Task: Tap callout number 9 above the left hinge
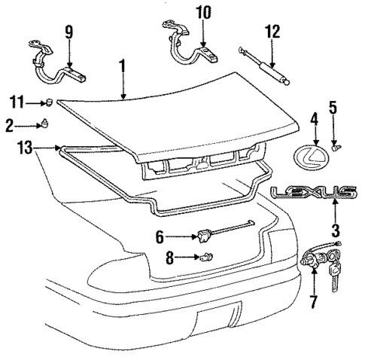click(68, 32)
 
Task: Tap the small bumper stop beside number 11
click(47, 101)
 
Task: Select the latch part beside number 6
click(203, 236)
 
